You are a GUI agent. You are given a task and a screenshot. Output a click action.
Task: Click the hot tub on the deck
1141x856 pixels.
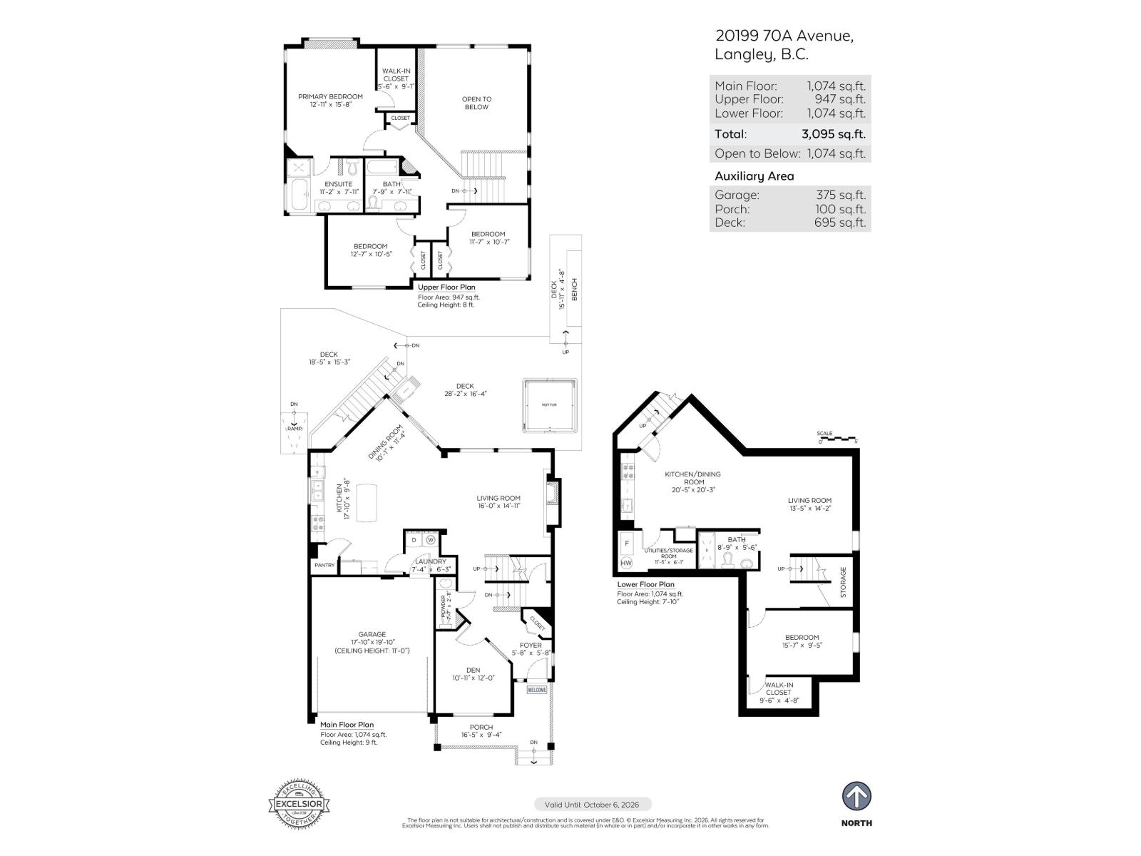(550, 405)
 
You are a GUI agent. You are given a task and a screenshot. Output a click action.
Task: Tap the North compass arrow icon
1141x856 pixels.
(856, 796)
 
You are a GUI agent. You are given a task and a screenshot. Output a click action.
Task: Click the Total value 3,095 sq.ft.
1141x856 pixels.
(833, 134)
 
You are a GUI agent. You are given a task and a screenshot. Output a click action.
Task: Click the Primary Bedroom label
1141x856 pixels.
(330, 96)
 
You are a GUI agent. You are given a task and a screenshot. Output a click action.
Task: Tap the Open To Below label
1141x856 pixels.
(476, 103)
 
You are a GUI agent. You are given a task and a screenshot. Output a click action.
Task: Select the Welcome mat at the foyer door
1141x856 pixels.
(537, 690)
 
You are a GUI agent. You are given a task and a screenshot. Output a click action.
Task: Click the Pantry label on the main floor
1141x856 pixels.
(324, 565)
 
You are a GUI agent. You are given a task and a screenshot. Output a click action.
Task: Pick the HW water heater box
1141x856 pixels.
(626, 563)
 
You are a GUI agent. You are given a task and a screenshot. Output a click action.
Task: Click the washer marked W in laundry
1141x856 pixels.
(431, 540)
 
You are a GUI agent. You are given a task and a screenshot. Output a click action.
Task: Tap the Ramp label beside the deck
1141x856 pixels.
(295, 429)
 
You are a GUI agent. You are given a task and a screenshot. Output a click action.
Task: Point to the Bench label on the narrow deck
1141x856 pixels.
(575, 289)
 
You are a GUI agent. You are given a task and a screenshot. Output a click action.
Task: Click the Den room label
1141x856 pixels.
(473, 670)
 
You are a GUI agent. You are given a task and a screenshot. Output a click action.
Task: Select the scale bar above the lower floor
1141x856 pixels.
(839, 438)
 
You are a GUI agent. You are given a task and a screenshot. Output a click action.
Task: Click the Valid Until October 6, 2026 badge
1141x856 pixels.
(592, 805)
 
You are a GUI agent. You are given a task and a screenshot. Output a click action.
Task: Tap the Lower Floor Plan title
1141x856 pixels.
(645, 584)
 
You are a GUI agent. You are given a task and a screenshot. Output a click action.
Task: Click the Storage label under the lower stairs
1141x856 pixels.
(843, 582)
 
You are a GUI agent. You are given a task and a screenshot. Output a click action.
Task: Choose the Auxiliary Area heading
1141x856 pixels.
(754, 176)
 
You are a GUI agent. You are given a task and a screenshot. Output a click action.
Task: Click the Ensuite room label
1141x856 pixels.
(338, 184)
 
